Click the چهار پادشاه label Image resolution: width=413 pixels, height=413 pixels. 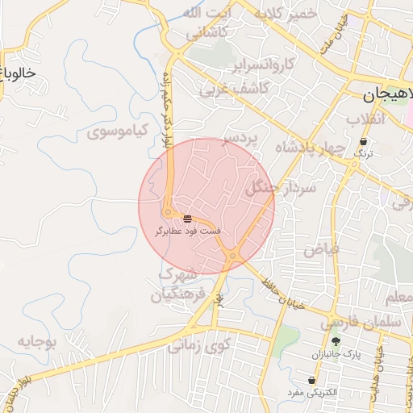311,148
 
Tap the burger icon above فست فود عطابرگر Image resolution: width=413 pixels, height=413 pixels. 187,219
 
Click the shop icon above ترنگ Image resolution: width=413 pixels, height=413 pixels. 365,141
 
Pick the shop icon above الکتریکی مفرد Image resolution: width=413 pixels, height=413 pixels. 311,380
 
